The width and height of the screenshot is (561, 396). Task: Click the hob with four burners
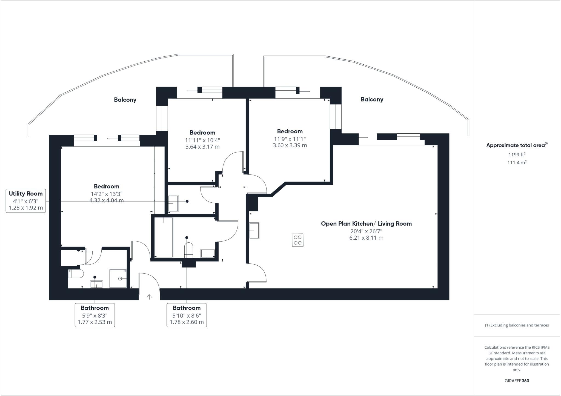297,240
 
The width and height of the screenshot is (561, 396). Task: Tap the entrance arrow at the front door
149,297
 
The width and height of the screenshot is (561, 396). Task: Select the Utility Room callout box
26,201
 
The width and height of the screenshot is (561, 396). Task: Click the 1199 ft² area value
517,155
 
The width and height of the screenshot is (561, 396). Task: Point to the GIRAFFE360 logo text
517,381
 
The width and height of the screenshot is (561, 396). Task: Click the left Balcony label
125,100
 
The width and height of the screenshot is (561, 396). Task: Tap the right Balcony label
372,99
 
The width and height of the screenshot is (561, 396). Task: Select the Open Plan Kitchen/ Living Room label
366,223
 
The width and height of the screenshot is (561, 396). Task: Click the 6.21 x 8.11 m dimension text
366,238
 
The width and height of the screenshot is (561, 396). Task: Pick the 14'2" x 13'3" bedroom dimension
107,194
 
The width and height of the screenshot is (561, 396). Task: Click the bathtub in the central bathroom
164,237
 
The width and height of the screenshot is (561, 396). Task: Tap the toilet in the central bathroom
189,250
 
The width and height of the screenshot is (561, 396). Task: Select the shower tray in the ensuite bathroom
118,278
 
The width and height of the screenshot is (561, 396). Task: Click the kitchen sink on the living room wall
254,231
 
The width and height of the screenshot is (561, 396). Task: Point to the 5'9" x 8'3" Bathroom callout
95,315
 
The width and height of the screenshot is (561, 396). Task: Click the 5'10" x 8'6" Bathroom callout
187,315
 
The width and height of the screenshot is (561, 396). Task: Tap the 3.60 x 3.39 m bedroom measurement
290,145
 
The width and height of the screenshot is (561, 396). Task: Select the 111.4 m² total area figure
517,163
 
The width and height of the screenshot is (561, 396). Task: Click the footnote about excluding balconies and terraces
517,325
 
